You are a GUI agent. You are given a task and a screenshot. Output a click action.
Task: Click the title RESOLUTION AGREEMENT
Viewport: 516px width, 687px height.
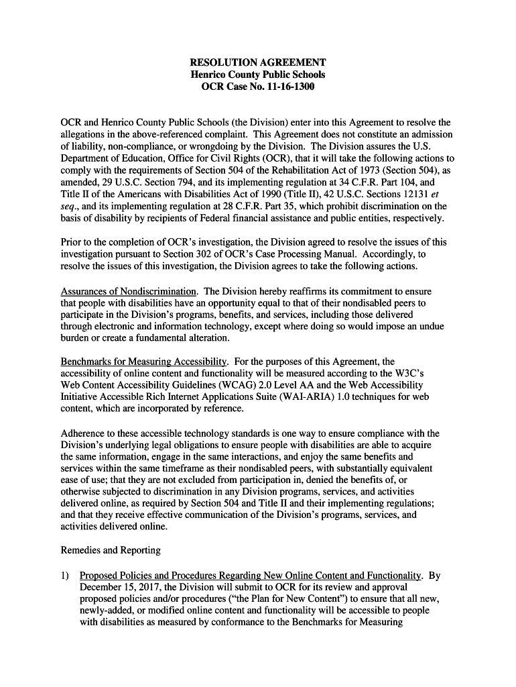pos(258,62)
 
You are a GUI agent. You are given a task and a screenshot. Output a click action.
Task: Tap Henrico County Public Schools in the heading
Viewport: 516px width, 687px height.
pos(258,74)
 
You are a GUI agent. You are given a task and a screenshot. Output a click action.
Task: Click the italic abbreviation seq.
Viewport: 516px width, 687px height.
pos(70,207)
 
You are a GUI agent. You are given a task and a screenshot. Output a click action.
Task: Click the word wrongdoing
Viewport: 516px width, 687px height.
pos(256,146)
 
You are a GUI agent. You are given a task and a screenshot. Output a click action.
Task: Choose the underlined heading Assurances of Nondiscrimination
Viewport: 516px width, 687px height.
pos(129,291)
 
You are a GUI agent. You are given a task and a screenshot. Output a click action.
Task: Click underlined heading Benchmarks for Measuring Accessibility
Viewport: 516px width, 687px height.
pos(145,362)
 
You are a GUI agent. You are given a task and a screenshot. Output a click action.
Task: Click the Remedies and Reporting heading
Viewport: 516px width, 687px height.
pos(111,550)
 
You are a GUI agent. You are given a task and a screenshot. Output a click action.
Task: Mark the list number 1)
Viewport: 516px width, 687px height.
pos(66,575)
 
